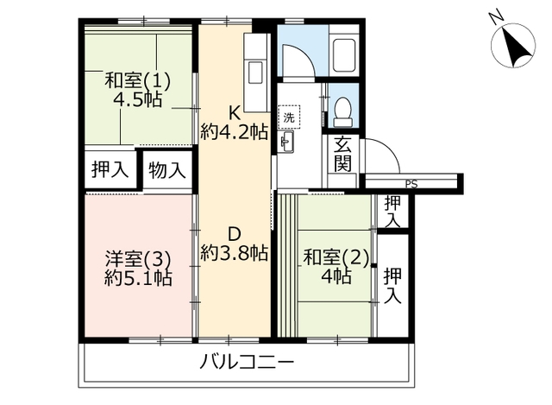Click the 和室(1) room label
(x=138, y=81)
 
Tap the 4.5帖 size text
(x=138, y=100)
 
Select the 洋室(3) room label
(x=138, y=260)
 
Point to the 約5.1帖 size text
(x=138, y=278)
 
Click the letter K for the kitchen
(x=235, y=113)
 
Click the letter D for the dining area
(x=235, y=234)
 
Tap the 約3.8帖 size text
(x=235, y=253)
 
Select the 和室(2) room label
(x=336, y=257)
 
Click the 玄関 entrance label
(x=342, y=154)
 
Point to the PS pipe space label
(x=411, y=184)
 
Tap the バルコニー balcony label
(x=247, y=363)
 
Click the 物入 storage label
(x=166, y=170)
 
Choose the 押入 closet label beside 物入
(x=110, y=169)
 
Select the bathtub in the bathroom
(x=343, y=54)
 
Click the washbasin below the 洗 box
(x=285, y=142)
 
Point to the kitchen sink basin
(x=255, y=73)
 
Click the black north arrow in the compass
(x=516, y=47)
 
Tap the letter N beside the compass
(x=497, y=19)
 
